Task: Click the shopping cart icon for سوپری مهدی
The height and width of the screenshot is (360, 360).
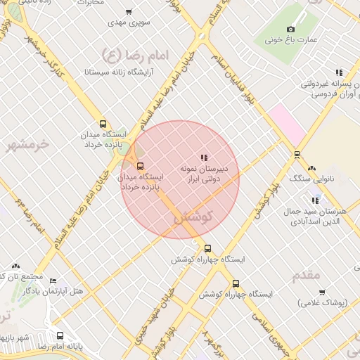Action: click(x=128, y=12)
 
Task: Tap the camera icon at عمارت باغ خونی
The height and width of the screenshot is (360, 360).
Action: click(x=290, y=29)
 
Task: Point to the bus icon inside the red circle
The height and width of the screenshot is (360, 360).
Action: click(x=140, y=167)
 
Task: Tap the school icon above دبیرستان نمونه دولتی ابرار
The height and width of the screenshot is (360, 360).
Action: click(x=204, y=157)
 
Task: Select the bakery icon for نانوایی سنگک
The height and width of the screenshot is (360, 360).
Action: click(x=311, y=168)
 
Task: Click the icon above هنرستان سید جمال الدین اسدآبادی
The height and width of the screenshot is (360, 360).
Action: click(x=315, y=200)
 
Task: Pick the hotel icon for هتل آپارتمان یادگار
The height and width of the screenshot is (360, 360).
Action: click(x=53, y=281)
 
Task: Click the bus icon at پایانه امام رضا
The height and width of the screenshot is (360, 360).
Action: click(x=60, y=336)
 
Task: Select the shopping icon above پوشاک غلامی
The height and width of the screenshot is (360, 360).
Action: click(x=322, y=292)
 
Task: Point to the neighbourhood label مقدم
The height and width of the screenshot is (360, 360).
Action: click(x=307, y=275)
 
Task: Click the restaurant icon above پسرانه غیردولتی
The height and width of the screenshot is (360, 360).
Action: click(x=339, y=72)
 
